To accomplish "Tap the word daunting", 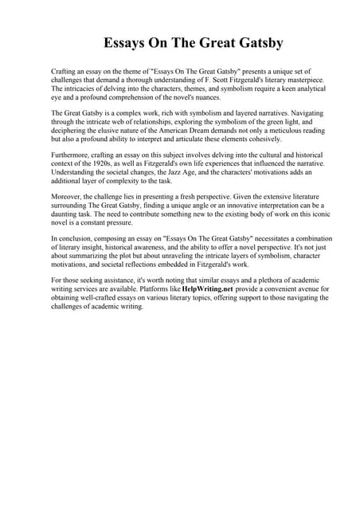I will pyautogui.click(x=68, y=216).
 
